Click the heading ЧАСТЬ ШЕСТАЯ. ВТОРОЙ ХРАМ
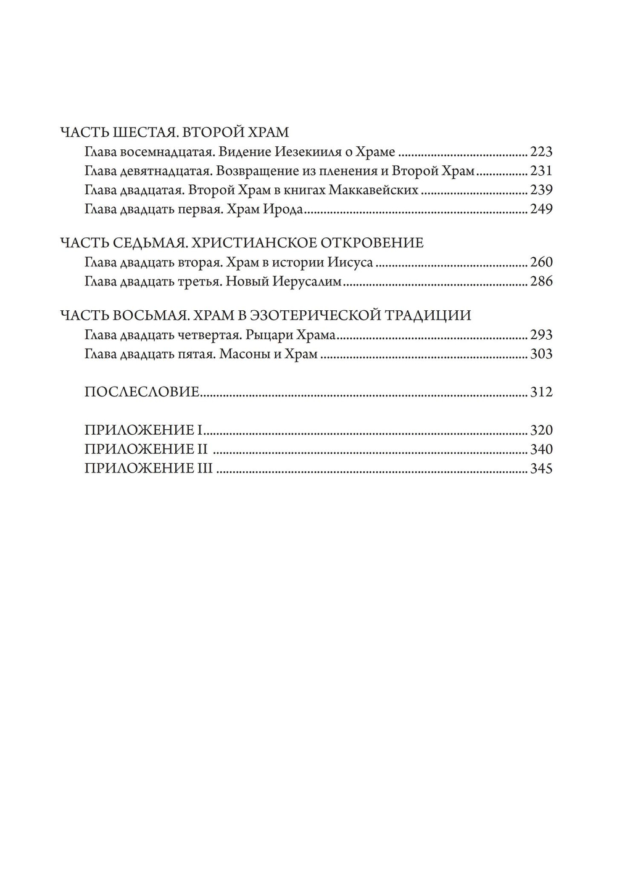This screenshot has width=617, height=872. pyautogui.click(x=175, y=133)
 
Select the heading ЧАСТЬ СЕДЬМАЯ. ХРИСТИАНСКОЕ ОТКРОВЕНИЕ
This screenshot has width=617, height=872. pyautogui.click(x=242, y=242)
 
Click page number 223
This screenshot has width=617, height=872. pyautogui.click(x=541, y=152)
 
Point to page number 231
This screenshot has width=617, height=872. pyautogui.click(x=541, y=171)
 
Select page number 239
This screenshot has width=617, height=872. pyautogui.click(x=541, y=190)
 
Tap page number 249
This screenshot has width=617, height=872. pyautogui.click(x=541, y=209)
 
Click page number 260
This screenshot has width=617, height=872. pyautogui.click(x=541, y=262)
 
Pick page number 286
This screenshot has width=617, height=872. pyautogui.click(x=541, y=282)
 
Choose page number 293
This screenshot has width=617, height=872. pyautogui.click(x=541, y=335)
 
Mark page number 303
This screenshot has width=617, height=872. pyautogui.click(x=541, y=354)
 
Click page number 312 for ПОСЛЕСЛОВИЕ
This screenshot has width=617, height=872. pyautogui.click(x=541, y=392)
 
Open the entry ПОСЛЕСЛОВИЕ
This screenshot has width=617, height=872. pyautogui.click(x=142, y=392)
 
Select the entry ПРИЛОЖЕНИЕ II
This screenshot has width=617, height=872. pyautogui.click(x=146, y=450)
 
